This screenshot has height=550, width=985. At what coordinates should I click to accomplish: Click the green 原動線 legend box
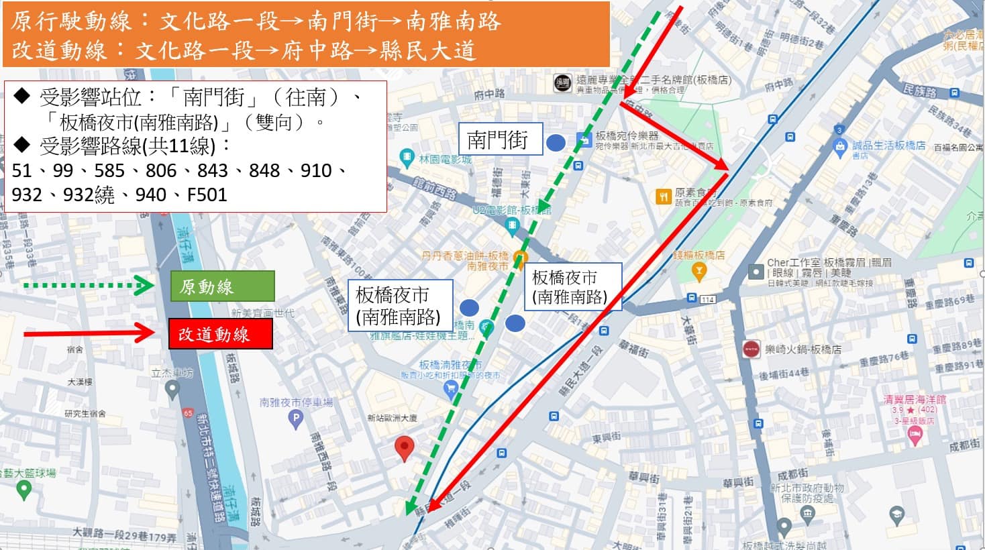(x=222, y=286)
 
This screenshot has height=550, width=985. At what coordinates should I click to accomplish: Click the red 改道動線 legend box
(x=220, y=333)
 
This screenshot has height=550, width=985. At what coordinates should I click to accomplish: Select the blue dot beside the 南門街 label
(x=556, y=142)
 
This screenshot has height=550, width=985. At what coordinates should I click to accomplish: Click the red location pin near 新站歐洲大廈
(x=404, y=447)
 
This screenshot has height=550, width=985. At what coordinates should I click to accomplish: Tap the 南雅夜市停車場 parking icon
(x=295, y=419)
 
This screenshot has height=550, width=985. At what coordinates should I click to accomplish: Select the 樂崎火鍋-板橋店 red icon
(x=751, y=349)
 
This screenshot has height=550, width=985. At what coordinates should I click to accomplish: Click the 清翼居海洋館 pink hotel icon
(x=914, y=435)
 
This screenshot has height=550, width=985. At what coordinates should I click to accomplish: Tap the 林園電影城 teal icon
(x=407, y=158)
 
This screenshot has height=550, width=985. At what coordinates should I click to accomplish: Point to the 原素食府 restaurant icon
(x=663, y=197)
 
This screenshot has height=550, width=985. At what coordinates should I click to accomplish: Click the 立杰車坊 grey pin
(x=172, y=388)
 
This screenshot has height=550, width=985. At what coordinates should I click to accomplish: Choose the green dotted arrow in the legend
(x=87, y=286)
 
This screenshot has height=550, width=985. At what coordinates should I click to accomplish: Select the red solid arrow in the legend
(x=87, y=333)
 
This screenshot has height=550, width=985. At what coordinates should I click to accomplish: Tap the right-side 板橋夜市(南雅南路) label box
(x=572, y=286)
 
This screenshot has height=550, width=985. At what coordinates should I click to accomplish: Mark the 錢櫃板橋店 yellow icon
(x=699, y=271)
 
